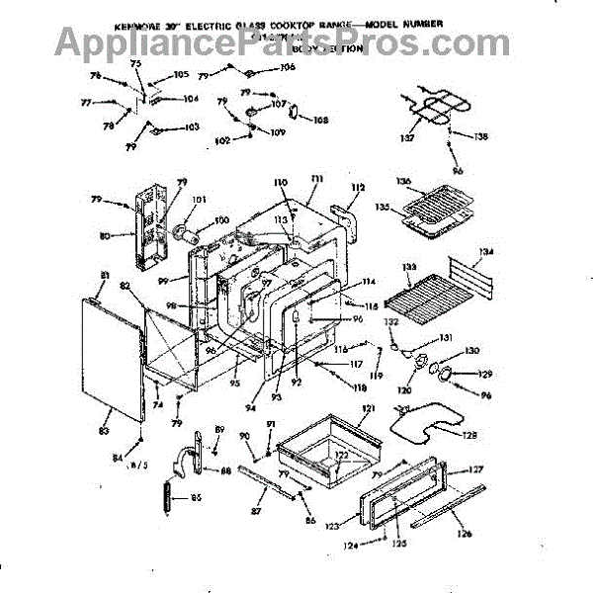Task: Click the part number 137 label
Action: tap(405, 139)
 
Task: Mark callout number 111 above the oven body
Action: tap(316, 178)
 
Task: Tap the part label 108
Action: tap(320, 121)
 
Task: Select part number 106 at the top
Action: tap(288, 68)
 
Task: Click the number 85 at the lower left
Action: tap(196, 497)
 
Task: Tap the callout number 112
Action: tap(358, 186)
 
